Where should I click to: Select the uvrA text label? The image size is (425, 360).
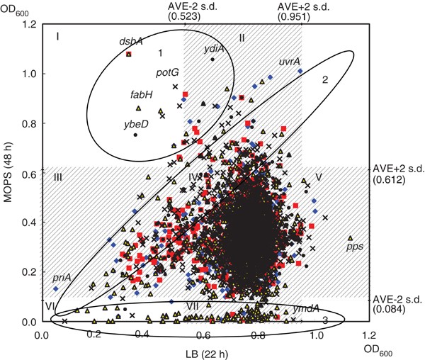[x=290, y=61]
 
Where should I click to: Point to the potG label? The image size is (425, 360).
[x=167, y=72]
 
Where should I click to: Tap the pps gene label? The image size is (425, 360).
[x=355, y=247]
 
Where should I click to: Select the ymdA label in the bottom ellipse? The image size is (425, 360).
[x=306, y=309]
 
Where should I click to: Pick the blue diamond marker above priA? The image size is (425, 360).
[x=56, y=288]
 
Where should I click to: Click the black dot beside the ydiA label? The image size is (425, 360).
[x=212, y=60]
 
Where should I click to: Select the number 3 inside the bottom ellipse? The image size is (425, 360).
[x=324, y=320]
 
